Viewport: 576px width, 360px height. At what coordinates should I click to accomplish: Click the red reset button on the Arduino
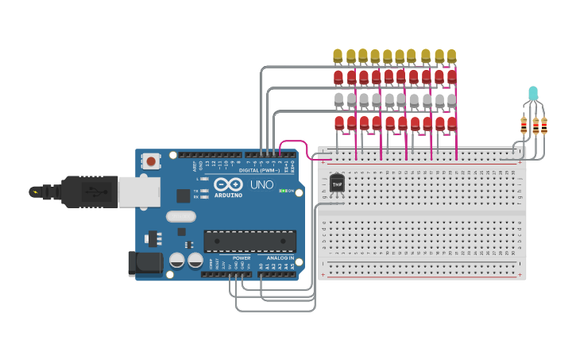click(x=151, y=161)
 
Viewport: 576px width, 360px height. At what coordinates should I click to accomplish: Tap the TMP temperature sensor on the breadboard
click(x=337, y=184)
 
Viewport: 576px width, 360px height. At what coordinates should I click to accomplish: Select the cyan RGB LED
click(x=533, y=94)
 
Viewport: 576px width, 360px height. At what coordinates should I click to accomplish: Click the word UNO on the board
click(x=262, y=184)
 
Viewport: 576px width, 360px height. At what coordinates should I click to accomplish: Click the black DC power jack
click(x=145, y=264)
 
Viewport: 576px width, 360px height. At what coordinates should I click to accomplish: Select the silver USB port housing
click(x=139, y=192)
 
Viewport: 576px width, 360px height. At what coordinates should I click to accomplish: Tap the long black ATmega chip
click(x=249, y=241)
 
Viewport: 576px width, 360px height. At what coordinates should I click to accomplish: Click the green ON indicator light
click(x=283, y=191)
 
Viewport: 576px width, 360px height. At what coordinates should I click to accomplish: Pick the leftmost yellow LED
click(x=338, y=55)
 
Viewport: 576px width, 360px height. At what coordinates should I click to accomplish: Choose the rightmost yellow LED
click(x=451, y=56)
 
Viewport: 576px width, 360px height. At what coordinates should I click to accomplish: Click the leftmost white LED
click(x=339, y=99)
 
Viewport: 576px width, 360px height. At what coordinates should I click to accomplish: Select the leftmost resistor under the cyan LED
click(x=524, y=125)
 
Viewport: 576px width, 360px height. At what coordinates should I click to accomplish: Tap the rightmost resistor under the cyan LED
click(x=543, y=125)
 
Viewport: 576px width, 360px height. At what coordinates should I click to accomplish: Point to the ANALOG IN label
click(x=280, y=258)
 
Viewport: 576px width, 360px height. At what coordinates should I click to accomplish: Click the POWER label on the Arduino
click(x=242, y=258)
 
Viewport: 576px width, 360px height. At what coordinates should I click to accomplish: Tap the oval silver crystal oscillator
click(x=180, y=215)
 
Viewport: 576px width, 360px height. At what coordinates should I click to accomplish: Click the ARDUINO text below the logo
click(x=227, y=195)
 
